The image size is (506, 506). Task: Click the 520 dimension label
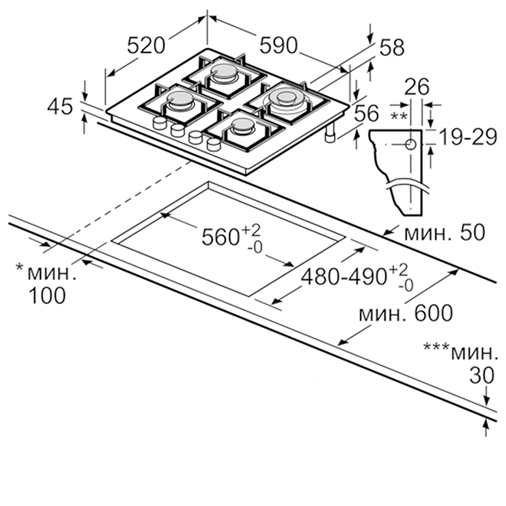coord(146,46)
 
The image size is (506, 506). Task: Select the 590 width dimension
coord(278,46)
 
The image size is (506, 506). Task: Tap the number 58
coord(392,48)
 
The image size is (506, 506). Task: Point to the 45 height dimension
coord(60,107)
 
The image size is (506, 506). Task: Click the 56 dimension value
coord(366,114)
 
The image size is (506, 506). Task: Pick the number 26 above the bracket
coord(416,87)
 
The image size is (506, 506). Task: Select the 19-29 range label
coord(466,137)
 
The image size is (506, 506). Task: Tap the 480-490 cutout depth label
coord(344,277)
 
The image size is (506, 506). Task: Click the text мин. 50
coord(445,232)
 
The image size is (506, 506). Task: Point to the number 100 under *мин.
coord(47,296)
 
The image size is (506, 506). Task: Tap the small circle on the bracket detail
coord(410,145)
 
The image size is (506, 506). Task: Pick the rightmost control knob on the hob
coord(214,145)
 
